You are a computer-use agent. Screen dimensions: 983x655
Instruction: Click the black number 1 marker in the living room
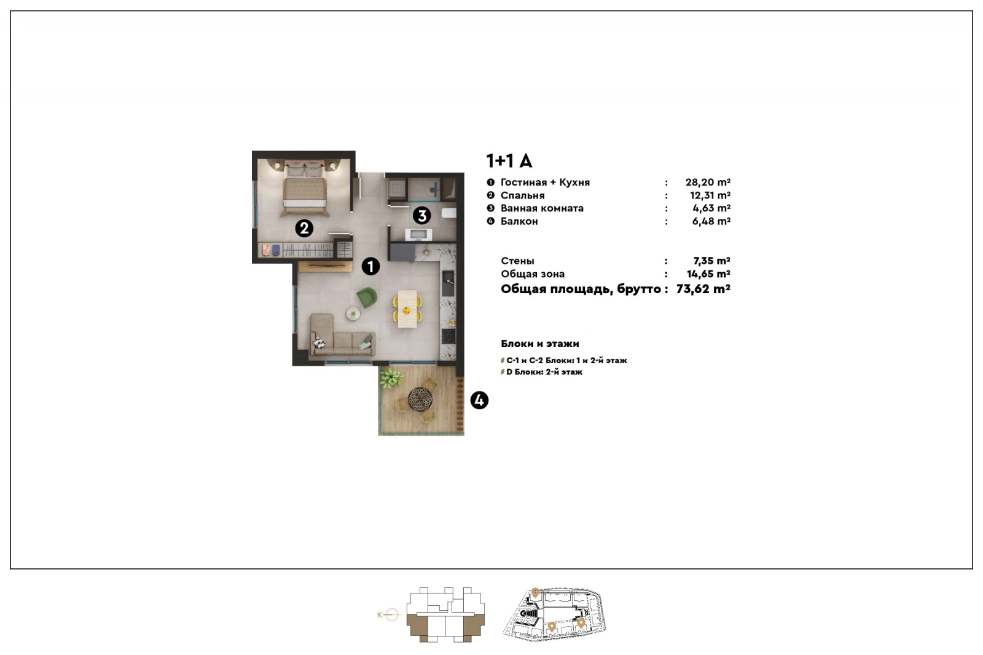[371, 267]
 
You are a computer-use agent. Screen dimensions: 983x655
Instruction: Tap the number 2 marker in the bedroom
[304, 229]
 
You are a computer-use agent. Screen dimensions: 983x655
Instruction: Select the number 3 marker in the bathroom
[421, 216]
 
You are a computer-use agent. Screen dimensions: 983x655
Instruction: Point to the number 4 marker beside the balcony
[479, 401]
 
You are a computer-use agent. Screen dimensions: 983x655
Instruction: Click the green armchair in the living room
[367, 297]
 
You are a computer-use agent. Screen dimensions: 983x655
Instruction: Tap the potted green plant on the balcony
[391, 378]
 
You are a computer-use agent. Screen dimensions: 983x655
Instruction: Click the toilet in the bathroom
[448, 213]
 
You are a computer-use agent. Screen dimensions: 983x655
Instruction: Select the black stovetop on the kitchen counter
[448, 336]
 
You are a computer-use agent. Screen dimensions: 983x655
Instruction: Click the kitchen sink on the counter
[448, 283]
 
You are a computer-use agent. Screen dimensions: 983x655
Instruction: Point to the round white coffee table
[353, 313]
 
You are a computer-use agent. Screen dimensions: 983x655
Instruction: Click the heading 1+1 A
[509, 161]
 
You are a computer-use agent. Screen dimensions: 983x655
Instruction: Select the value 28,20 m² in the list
[708, 182]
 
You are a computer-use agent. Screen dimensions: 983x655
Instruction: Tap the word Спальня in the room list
[523, 195]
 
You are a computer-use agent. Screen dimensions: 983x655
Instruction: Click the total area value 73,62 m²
[703, 289]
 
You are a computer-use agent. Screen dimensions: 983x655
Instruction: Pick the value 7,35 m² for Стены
[712, 261]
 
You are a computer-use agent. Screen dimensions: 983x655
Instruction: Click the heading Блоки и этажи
[540, 343]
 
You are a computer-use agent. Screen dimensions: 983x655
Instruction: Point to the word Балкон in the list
[519, 221]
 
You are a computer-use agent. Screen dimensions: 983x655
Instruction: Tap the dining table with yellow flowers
[408, 308]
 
